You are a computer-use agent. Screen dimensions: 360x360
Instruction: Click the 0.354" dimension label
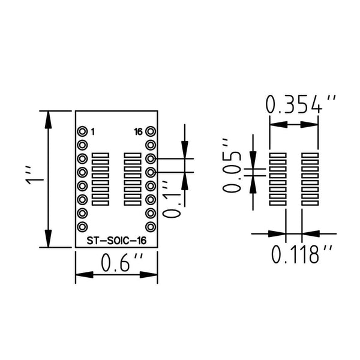(x=301, y=104)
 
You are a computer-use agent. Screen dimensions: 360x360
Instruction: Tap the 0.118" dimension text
(x=302, y=254)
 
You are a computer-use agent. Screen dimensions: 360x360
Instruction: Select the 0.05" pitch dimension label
(x=232, y=166)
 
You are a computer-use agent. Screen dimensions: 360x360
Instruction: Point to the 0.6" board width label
(x=122, y=262)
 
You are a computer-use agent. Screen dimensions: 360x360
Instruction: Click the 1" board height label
(x=34, y=175)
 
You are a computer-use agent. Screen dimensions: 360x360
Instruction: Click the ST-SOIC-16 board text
(x=116, y=241)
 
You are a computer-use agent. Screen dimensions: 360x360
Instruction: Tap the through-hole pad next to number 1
(x=82, y=131)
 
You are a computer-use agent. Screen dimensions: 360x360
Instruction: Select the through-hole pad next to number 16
(x=151, y=131)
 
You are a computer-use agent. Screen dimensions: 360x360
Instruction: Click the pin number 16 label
(x=138, y=132)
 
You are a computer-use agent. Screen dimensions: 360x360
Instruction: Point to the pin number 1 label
(x=93, y=132)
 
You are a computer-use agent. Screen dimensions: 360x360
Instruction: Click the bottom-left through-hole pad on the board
(x=82, y=227)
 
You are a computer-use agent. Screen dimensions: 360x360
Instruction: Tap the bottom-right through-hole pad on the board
(x=151, y=227)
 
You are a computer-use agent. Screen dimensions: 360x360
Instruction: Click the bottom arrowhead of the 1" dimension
(x=48, y=239)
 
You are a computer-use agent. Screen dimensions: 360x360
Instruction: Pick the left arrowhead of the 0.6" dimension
(x=85, y=275)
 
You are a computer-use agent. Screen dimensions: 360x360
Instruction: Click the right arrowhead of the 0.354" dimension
(x=309, y=125)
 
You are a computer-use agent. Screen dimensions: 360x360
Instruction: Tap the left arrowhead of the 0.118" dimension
(x=277, y=234)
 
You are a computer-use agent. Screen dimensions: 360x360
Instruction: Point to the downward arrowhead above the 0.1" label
(x=185, y=149)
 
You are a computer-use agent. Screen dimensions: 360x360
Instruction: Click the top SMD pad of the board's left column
(x=100, y=155)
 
